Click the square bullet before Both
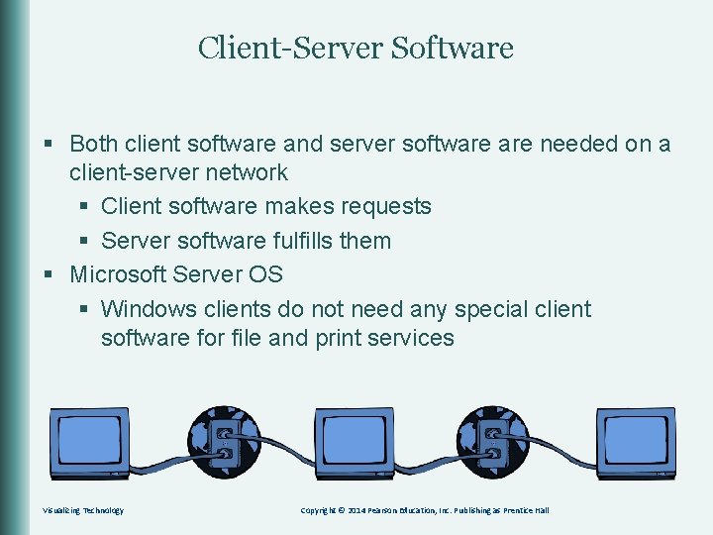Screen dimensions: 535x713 pos(48,146)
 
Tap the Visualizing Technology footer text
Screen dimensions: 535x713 pos(83,510)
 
